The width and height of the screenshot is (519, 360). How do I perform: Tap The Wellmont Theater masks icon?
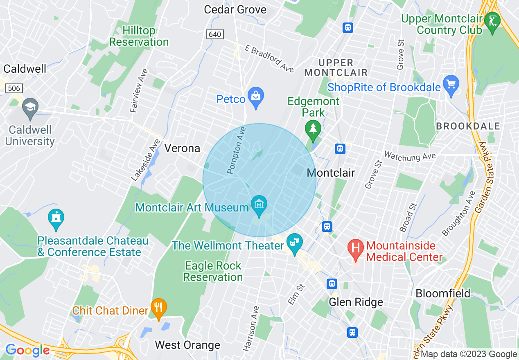(294, 243)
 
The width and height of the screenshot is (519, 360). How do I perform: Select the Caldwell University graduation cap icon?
(30, 107)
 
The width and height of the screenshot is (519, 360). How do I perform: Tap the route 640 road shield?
(215, 34)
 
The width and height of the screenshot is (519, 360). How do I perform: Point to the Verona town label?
(182, 148)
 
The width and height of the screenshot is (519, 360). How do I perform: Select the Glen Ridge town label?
(356, 302)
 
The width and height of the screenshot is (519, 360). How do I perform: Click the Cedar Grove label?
(235, 9)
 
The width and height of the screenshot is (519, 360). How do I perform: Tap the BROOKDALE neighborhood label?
(468, 126)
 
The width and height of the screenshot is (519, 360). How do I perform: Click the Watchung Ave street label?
(410, 156)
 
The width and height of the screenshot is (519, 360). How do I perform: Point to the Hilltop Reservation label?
(139, 36)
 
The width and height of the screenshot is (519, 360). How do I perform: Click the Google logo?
(27, 350)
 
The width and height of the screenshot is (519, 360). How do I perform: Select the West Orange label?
(187, 345)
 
